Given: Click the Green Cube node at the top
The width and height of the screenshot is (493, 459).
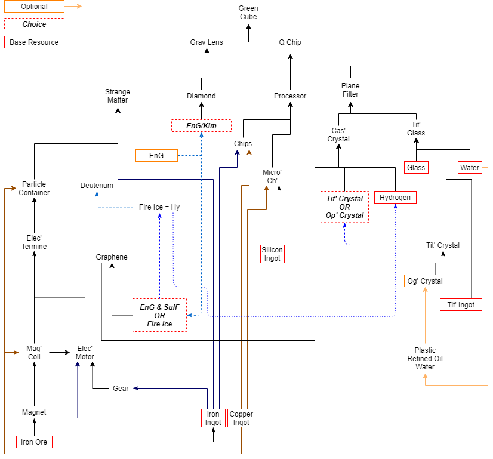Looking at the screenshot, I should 248,13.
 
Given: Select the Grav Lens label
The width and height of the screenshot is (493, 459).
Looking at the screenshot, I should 207,42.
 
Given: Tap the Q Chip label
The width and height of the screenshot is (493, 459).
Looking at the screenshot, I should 290,42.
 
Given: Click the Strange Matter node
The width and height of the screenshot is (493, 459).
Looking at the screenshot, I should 118,96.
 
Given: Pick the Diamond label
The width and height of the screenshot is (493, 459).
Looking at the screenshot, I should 201,96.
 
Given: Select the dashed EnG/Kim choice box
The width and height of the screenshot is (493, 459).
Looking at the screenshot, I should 201,126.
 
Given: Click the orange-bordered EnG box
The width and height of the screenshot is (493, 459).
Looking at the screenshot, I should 156,156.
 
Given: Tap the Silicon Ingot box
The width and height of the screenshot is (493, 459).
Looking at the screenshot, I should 272,254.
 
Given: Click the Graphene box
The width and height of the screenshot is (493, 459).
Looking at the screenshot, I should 112,257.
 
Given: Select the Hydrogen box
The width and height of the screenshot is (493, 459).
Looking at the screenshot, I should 395,198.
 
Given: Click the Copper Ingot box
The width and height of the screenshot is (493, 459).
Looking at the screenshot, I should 241,418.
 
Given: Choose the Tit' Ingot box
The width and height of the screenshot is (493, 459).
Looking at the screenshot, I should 461,305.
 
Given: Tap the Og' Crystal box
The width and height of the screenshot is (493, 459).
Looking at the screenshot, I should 425,281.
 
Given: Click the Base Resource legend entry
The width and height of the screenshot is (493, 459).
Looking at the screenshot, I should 34,42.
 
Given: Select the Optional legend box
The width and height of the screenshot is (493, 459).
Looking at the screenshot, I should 34,7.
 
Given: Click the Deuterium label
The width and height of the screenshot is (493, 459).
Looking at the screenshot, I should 97,186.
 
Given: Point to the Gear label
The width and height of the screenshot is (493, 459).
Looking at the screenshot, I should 121,389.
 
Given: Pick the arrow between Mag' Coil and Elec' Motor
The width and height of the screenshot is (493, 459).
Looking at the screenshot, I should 60,353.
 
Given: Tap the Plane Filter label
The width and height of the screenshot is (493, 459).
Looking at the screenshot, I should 350,90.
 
